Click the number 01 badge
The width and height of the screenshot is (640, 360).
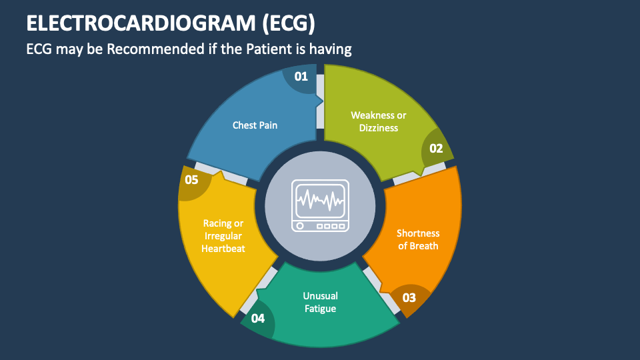point(301,77)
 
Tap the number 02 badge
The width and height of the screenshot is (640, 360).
point(436,149)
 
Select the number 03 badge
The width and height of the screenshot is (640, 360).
point(409,297)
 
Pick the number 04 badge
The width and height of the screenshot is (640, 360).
point(258,318)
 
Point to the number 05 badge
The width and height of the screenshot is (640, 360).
point(191,179)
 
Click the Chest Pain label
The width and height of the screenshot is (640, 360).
point(255,125)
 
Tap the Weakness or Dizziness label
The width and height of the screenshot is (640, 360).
point(378,121)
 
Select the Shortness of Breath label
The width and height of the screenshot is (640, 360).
point(418,239)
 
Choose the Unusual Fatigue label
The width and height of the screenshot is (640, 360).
point(320,302)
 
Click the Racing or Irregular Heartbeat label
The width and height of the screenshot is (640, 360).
point(223,236)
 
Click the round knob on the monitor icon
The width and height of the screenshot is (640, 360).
point(300,226)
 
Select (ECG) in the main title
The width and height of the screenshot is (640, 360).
point(284,23)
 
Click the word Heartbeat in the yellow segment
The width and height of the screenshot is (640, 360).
point(223,249)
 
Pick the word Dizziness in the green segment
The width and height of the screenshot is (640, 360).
point(378,127)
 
